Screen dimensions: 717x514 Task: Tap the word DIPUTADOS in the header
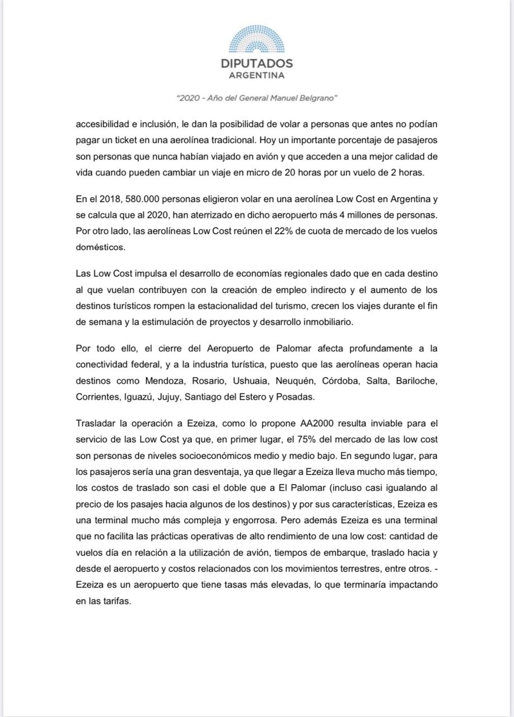pyautogui.click(x=257, y=64)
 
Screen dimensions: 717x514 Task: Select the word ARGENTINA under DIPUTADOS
pyautogui.click(x=257, y=75)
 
